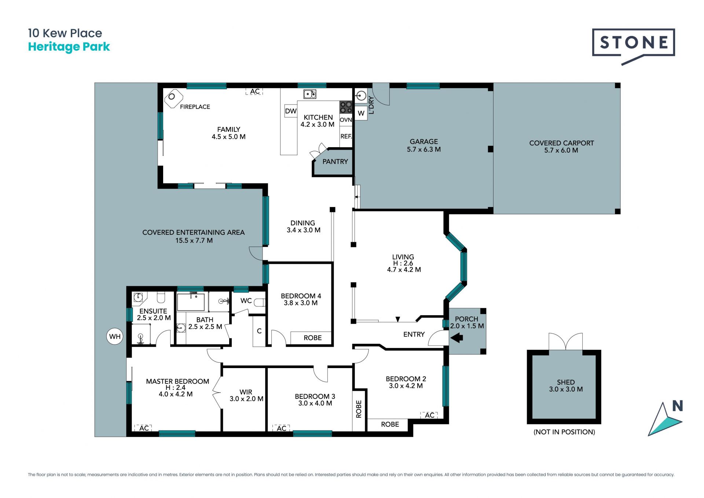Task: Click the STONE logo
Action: [x=633, y=46]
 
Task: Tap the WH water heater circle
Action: [x=115, y=337]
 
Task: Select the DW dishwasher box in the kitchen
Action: [x=291, y=111]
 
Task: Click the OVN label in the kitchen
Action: [x=346, y=120]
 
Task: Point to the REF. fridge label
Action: [x=346, y=136]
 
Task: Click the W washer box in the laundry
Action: [x=361, y=113]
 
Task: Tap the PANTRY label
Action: [x=335, y=161]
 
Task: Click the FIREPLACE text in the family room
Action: [x=195, y=107]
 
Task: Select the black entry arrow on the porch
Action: [x=456, y=337]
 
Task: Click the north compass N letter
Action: [x=678, y=406]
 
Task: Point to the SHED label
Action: [x=566, y=382]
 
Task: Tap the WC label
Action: [x=246, y=301]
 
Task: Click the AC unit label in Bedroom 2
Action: [x=429, y=415]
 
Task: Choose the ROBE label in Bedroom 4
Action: [x=313, y=338]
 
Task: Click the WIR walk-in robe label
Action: [x=246, y=392]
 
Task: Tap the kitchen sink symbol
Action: [x=310, y=94]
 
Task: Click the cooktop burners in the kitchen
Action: [x=346, y=107]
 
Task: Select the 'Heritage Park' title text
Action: [x=69, y=47]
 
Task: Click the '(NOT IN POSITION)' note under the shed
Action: [x=564, y=432]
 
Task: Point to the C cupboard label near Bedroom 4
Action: [x=259, y=331]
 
